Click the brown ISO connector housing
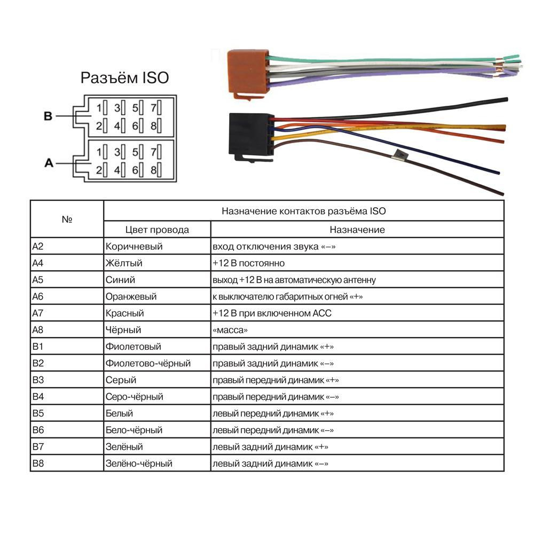(x=248, y=73)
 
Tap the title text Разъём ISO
(x=124, y=77)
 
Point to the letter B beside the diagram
(x=48, y=116)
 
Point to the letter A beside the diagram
(x=49, y=163)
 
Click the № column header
(x=67, y=219)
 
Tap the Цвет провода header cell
(x=157, y=230)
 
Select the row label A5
(x=38, y=280)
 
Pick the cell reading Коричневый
(x=134, y=246)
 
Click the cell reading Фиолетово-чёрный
(x=148, y=363)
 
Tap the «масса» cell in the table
(x=230, y=330)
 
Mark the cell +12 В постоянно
(x=249, y=263)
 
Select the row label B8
(x=38, y=463)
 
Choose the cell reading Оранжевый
(x=131, y=296)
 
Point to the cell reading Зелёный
(x=124, y=446)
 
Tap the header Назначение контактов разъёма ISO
(x=303, y=211)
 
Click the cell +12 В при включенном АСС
(x=272, y=313)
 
